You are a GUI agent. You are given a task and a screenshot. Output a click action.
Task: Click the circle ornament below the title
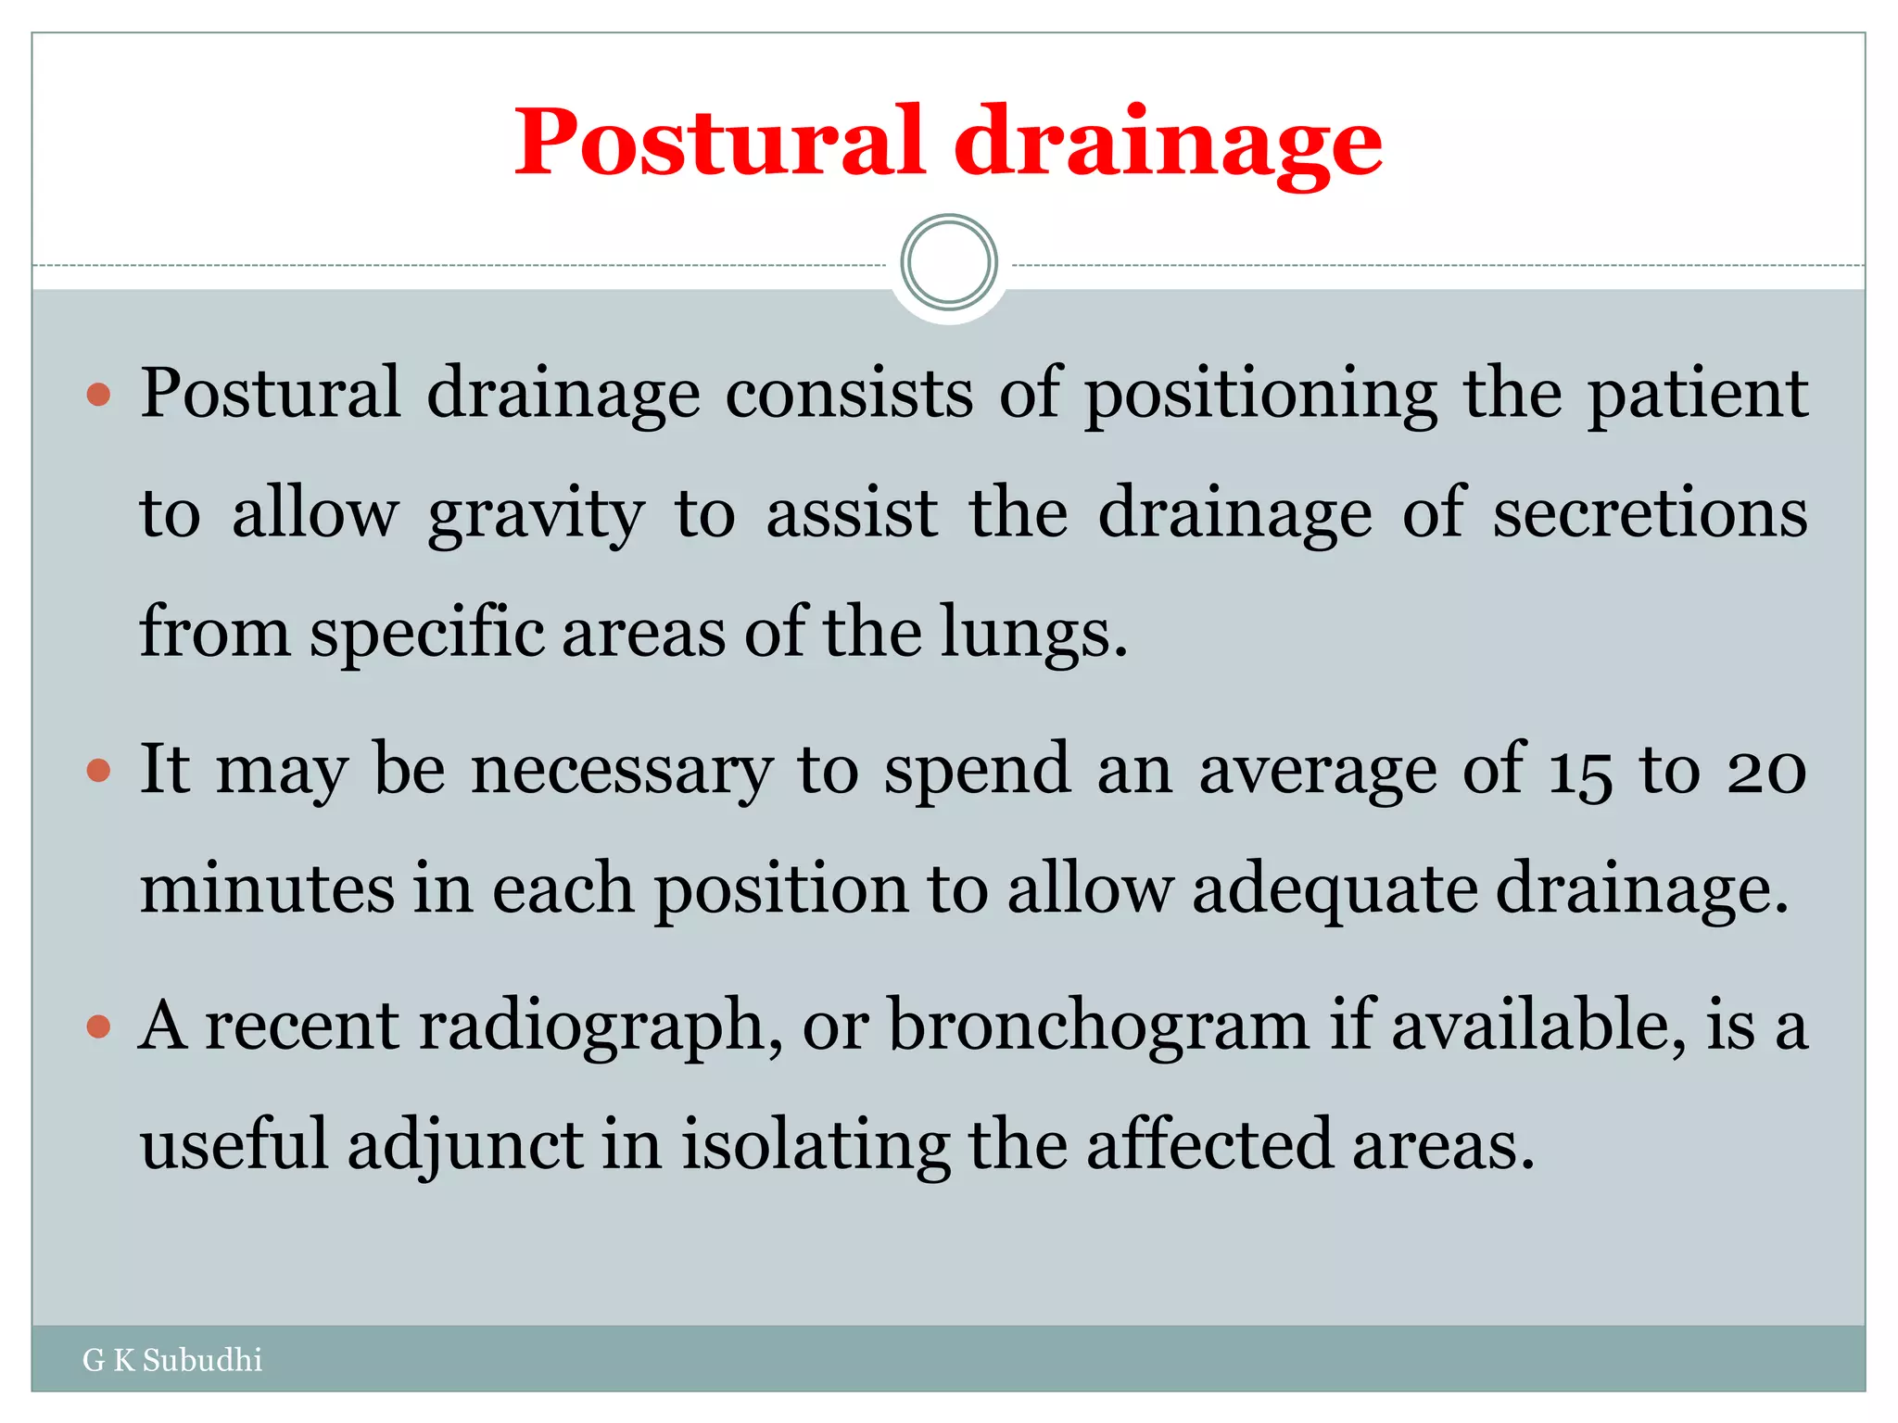coord(949,262)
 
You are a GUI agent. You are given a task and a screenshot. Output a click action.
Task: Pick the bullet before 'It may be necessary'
coord(98,771)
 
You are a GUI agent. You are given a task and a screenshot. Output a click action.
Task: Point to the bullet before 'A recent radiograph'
coord(98,1026)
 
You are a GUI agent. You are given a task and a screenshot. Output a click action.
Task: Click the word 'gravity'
coord(535,515)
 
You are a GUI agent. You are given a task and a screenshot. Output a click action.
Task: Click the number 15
coord(1579,771)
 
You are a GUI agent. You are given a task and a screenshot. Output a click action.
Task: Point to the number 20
coord(1766,771)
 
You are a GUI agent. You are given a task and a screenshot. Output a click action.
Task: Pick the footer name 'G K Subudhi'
coord(172,1360)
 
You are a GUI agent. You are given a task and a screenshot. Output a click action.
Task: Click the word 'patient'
coord(1698,395)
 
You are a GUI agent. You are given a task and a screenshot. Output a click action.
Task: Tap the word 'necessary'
coord(621,771)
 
